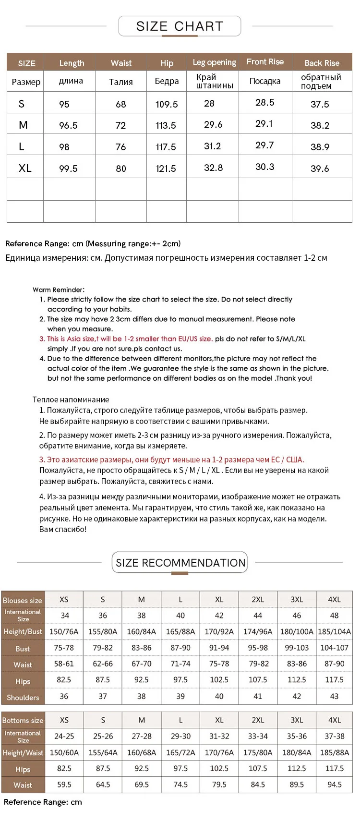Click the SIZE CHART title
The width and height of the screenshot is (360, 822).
[x=180, y=26]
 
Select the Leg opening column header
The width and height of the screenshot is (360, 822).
[x=214, y=62]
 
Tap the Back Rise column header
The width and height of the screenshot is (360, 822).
[x=322, y=63]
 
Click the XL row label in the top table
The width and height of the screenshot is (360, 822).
[x=25, y=168]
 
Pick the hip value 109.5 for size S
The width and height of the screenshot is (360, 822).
[x=167, y=104]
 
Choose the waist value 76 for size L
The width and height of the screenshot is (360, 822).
[x=120, y=147]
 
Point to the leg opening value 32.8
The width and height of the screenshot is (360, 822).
[x=213, y=168]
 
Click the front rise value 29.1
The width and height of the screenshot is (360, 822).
[x=264, y=124]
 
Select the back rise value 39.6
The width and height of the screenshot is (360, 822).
[x=320, y=169]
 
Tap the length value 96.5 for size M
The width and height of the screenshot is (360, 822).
[x=68, y=125]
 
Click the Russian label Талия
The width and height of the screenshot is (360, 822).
[x=121, y=82]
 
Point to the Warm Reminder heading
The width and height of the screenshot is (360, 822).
[x=59, y=290]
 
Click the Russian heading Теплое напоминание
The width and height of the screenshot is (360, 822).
[x=71, y=399]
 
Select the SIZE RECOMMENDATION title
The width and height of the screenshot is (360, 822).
[x=180, y=563]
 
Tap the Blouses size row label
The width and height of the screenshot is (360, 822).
[x=23, y=600]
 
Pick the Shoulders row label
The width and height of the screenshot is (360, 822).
[x=23, y=697]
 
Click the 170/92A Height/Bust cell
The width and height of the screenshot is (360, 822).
[x=219, y=631]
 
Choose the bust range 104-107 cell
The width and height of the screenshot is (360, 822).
[x=334, y=648]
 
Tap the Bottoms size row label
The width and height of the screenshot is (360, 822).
[x=23, y=720]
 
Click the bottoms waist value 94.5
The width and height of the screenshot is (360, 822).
[x=334, y=785]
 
